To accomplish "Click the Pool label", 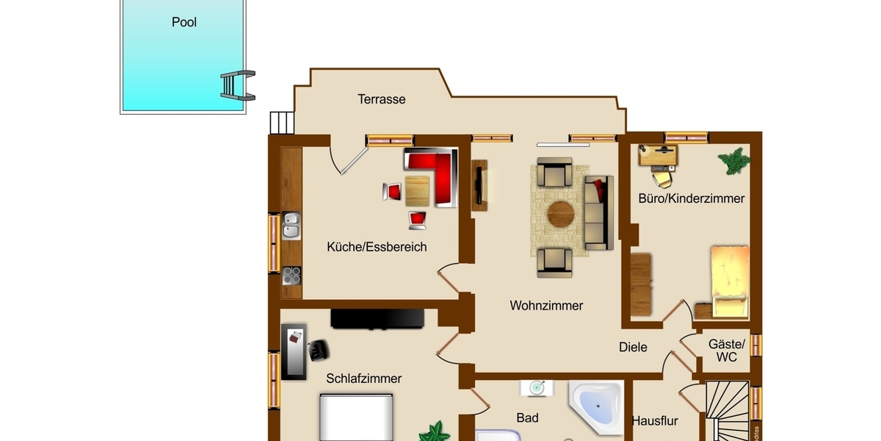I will (x=184, y=22).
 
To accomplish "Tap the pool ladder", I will (x=237, y=85).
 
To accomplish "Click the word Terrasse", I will (x=382, y=99).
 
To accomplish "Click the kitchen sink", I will (x=291, y=226).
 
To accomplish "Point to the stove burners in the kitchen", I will (x=292, y=275).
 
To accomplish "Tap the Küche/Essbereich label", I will (x=377, y=247).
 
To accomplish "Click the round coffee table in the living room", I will (x=561, y=215).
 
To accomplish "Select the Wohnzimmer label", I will (x=546, y=305).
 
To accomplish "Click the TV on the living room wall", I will (x=479, y=184).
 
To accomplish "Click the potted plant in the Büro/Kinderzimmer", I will (x=734, y=161).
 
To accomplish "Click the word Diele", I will (x=633, y=347).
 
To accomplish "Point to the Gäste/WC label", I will (x=727, y=351).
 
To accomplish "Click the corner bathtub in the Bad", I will (x=596, y=405).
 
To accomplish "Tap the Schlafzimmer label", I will (x=364, y=379).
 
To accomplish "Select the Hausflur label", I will (x=655, y=421).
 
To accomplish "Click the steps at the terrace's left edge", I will (x=281, y=122).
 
